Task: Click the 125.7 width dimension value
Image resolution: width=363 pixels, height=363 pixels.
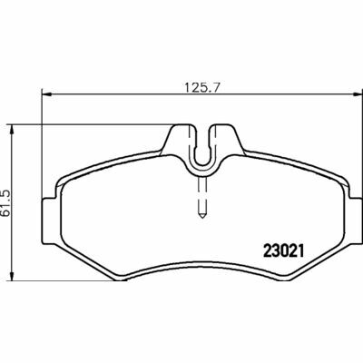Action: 201,88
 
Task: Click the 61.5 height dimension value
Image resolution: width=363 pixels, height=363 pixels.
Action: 5,203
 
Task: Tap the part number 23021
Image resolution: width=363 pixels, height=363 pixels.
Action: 283,250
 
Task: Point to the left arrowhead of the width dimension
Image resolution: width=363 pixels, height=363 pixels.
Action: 46,94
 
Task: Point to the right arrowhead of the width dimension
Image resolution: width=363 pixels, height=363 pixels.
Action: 358,94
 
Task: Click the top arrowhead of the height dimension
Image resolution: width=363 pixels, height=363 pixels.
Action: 12,131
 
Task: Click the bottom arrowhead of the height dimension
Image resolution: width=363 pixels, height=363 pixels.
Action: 12,275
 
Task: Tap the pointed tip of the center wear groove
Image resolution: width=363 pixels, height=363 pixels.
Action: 202,216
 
